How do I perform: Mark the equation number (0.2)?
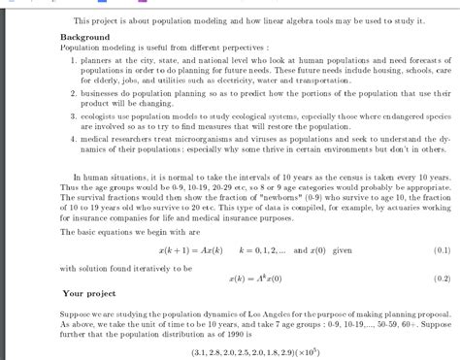click(x=439, y=277)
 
